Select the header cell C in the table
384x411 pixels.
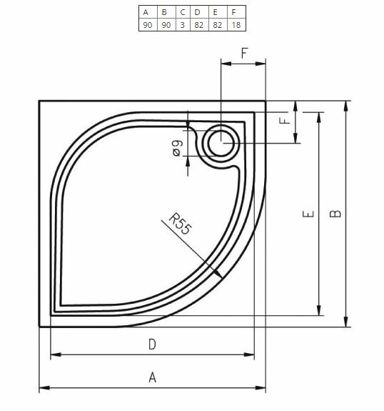click(182, 12)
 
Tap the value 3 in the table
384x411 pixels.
click(182, 24)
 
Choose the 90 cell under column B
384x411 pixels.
click(165, 24)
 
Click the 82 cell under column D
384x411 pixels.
click(199, 24)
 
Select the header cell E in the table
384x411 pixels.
click(217, 12)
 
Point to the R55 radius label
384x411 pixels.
click(180, 224)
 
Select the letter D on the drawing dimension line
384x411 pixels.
click(152, 345)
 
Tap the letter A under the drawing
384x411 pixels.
click(152, 378)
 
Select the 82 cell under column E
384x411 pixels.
click(217, 24)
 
